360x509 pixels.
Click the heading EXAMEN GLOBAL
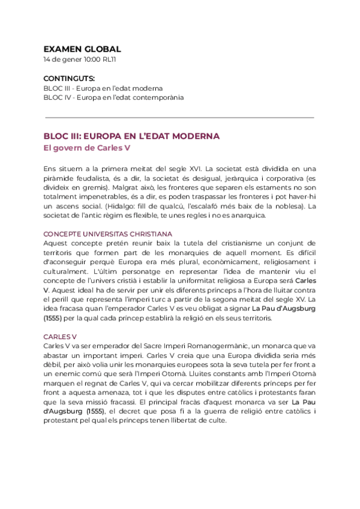pyautogui.click(x=82, y=49)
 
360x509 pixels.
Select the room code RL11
pyautogui.click(x=110, y=60)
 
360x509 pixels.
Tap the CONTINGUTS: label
pyautogui.click(x=69, y=79)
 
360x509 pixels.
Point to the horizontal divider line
pyautogui.click(x=179, y=118)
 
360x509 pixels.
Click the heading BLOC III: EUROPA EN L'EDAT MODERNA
pyautogui.click(x=131, y=136)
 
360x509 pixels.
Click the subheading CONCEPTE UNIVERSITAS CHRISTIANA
pyautogui.click(x=108, y=233)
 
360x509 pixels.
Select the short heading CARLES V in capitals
pyautogui.click(x=60, y=337)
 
